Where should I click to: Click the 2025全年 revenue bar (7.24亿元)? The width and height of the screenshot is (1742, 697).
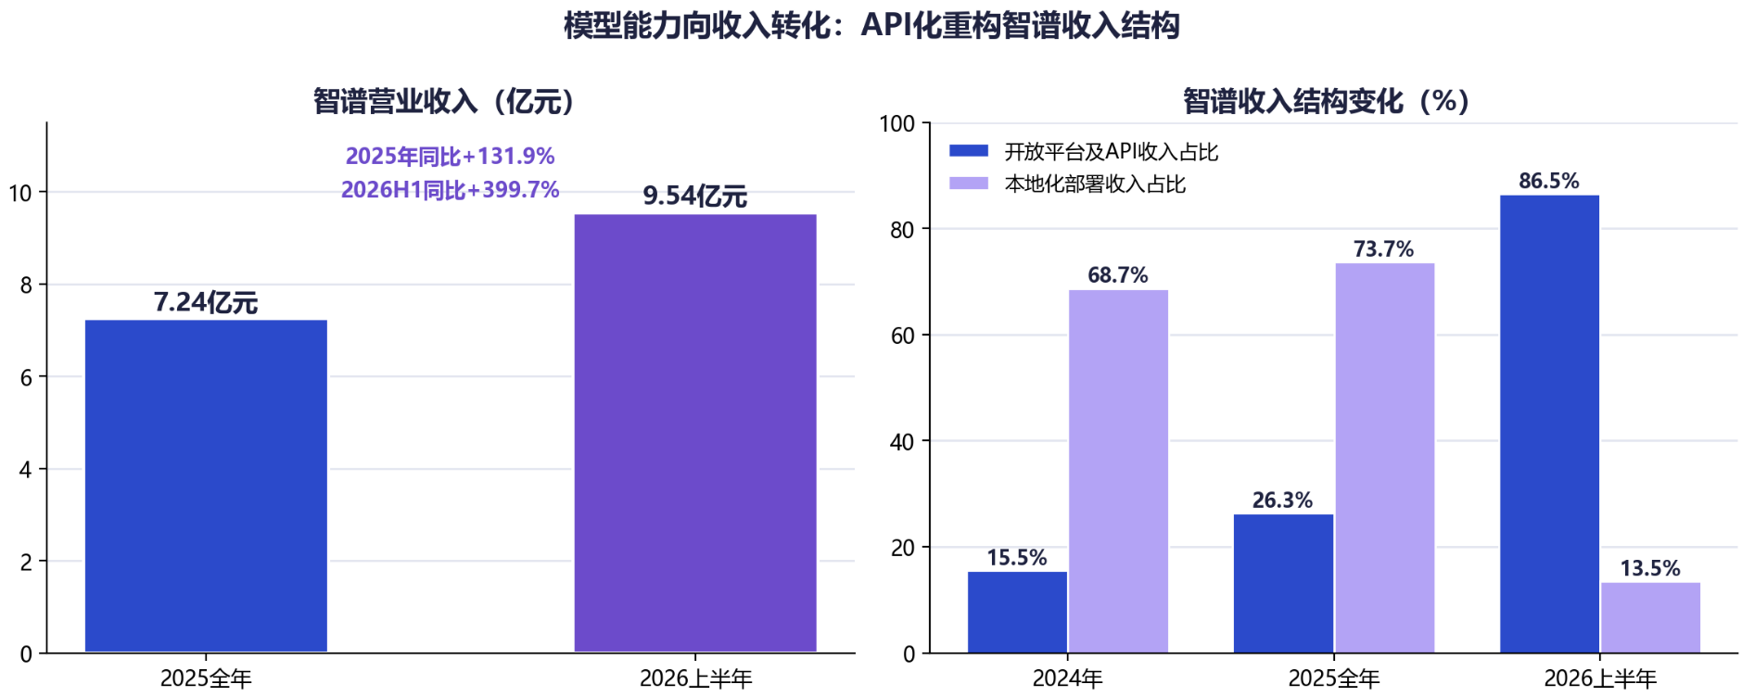tap(206, 486)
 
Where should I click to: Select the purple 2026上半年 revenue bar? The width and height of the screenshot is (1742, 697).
tap(695, 433)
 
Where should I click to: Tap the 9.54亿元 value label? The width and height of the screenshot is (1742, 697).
tap(695, 196)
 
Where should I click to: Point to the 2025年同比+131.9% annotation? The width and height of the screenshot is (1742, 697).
tap(450, 156)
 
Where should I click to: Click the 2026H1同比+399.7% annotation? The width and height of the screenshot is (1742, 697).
tap(450, 189)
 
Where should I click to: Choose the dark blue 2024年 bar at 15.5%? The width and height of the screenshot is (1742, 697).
tap(1017, 612)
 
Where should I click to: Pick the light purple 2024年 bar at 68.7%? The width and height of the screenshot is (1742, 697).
tap(1118, 471)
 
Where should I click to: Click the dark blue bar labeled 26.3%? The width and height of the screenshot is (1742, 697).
tap(1283, 583)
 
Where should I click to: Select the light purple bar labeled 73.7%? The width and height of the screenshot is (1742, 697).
tap(1384, 458)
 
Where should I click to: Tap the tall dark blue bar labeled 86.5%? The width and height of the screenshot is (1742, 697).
tap(1549, 424)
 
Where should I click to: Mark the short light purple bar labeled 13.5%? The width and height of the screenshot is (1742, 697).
tap(1650, 617)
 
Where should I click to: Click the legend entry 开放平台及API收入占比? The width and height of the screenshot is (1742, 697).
tap(1084, 151)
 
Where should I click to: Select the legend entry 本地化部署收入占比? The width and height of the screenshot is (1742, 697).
tap(1067, 184)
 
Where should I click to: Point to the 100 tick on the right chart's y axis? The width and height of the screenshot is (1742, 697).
tap(896, 123)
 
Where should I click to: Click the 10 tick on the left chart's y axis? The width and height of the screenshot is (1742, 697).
tap(20, 193)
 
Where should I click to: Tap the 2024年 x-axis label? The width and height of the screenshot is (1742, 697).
tap(1068, 678)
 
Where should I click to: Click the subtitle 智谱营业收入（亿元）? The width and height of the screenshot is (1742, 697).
tap(444, 100)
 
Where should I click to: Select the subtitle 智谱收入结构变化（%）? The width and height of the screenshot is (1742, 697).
tap(1327, 100)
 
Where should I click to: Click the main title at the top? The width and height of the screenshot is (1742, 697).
tap(871, 25)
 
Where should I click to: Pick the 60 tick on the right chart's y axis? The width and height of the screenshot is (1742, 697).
tap(902, 336)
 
